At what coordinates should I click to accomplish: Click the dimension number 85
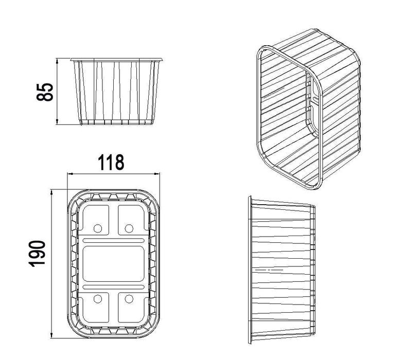(x=45, y=92)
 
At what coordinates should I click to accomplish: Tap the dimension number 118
(x=111, y=162)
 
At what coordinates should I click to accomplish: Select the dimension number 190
(x=37, y=254)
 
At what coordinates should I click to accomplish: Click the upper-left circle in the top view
(x=98, y=228)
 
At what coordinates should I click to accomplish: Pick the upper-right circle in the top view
(x=129, y=228)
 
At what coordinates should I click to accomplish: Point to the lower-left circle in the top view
(x=98, y=299)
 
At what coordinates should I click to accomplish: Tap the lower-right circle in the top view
(x=129, y=299)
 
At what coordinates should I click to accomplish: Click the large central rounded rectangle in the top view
(x=114, y=264)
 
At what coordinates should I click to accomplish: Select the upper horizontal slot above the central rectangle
(x=114, y=241)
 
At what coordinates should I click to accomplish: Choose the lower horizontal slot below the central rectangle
(x=114, y=287)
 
